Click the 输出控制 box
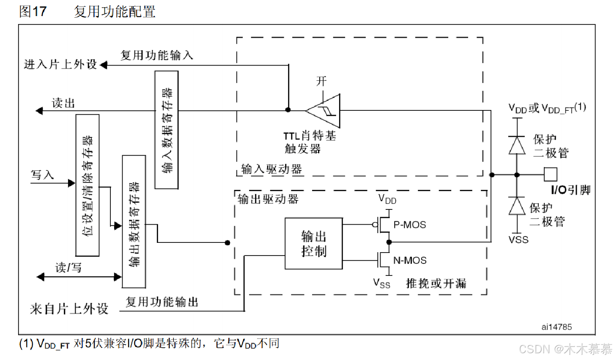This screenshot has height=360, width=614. pos(313,244)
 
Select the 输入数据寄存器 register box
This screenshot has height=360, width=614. pos(167,130)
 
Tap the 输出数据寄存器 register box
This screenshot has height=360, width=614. pos(134,222)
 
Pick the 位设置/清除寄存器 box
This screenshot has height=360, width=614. pos(88,185)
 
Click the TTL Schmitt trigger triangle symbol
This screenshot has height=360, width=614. pos(325,111)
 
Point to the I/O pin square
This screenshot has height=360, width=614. pos(550,174)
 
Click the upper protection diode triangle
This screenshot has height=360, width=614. pos(517,145)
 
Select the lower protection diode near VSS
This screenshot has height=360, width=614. pos(517,206)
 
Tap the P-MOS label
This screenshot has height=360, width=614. pos(409,225)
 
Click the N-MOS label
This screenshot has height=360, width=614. pos(410,261)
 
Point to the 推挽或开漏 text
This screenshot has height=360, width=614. pos(436,283)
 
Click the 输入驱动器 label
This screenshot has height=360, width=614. pos(271,169)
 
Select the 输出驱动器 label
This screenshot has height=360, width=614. pos(268,199)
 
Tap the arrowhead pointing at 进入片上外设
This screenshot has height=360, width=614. pos(103,65)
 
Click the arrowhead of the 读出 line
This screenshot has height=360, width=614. pos(39,111)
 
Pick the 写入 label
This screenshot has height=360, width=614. pos(42,175)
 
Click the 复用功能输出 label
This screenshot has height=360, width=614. pos(162,302)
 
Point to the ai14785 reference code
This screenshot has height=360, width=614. pos(556,327)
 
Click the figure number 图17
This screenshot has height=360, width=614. pos(33,11)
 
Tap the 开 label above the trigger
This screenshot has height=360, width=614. pos(321,81)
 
